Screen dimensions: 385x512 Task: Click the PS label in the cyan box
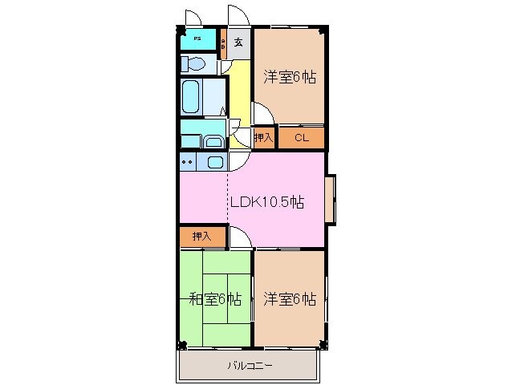click(x=196, y=38)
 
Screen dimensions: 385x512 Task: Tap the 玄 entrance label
click(x=238, y=42)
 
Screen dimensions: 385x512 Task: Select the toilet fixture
click(x=193, y=64)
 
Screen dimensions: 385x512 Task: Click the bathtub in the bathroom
click(x=191, y=97)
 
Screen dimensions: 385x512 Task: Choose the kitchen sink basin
click(x=215, y=162)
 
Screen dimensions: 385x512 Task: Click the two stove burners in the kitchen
click(x=188, y=162)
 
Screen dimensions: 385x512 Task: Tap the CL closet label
click(x=301, y=138)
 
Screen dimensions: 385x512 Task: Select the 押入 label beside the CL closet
click(x=263, y=138)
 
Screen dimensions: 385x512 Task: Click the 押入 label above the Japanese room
click(x=201, y=237)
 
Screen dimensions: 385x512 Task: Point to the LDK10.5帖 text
click(x=266, y=203)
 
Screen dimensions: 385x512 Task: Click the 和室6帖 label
click(x=215, y=299)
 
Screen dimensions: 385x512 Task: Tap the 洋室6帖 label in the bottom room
click(x=289, y=299)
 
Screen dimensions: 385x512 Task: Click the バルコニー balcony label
click(x=249, y=366)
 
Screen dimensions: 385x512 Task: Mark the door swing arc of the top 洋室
click(x=264, y=113)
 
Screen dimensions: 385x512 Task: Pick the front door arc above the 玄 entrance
click(x=238, y=16)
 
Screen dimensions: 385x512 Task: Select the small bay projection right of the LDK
click(x=331, y=199)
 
